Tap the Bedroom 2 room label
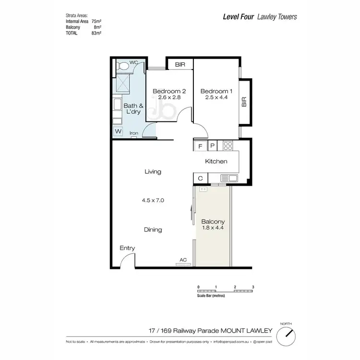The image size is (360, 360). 169,91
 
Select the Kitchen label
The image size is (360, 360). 216,162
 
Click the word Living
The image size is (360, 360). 153,171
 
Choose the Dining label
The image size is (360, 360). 153,229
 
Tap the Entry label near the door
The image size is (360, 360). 127,248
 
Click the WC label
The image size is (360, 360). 134,62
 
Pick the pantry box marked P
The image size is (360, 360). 212,145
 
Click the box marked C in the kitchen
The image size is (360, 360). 200,179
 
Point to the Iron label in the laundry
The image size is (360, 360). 134,133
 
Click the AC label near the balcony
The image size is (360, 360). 183,260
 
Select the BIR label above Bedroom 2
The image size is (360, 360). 180,64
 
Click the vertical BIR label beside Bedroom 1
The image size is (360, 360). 244,101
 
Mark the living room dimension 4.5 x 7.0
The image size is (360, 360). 153,201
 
